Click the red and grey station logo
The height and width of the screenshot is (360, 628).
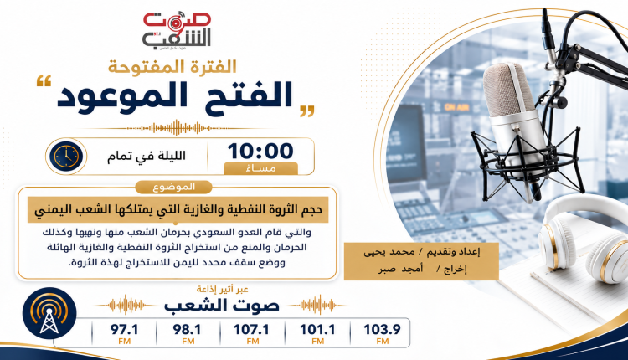(x=177, y=31)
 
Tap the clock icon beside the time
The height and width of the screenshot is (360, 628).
(x=66, y=157)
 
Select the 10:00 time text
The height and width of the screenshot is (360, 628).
(x=260, y=151)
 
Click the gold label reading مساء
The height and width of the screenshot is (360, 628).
(x=260, y=168)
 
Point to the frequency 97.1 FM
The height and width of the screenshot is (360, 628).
(x=125, y=334)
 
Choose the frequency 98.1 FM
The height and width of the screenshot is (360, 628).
(x=188, y=334)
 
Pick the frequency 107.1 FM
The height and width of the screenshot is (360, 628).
(x=251, y=334)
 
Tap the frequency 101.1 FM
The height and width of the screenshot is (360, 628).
(x=317, y=334)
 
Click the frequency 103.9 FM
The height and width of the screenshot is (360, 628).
(x=382, y=334)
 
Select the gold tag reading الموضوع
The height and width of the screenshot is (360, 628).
(x=173, y=187)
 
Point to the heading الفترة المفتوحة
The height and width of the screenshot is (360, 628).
(x=172, y=67)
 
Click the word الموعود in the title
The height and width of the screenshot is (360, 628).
(x=113, y=95)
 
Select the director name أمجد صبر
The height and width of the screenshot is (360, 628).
(x=400, y=269)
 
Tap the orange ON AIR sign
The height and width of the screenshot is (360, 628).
(x=456, y=107)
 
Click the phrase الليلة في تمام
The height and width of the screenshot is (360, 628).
(x=147, y=156)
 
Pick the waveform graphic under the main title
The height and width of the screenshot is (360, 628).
(x=176, y=129)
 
